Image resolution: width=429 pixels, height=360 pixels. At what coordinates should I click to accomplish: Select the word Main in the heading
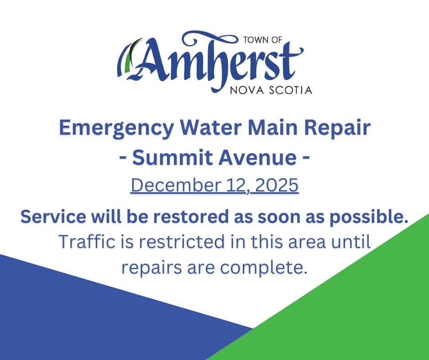click(x=272, y=127)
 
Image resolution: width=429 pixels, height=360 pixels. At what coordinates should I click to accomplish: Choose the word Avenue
click(x=257, y=158)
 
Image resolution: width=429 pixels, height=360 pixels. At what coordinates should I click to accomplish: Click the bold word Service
click(x=53, y=217)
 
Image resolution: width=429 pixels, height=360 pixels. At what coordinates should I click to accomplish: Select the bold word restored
click(x=190, y=217)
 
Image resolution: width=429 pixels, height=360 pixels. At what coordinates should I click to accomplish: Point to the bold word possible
click(x=369, y=217)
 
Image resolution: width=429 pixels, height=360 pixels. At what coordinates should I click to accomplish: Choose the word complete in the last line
click(x=264, y=268)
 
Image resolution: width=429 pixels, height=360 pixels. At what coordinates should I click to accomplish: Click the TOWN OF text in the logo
click(x=263, y=40)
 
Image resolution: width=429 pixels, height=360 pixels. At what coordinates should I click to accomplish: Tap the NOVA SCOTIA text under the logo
click(x=271, y=90)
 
